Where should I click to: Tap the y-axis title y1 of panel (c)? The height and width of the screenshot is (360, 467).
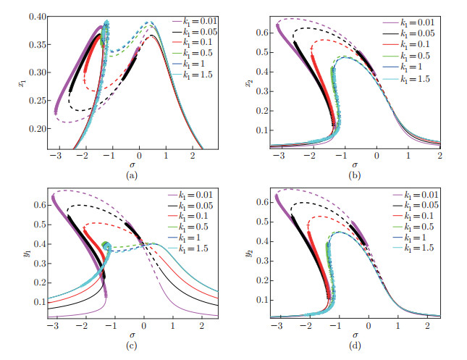pos(10,254)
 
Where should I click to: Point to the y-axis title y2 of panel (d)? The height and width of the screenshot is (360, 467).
pos(250,254)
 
